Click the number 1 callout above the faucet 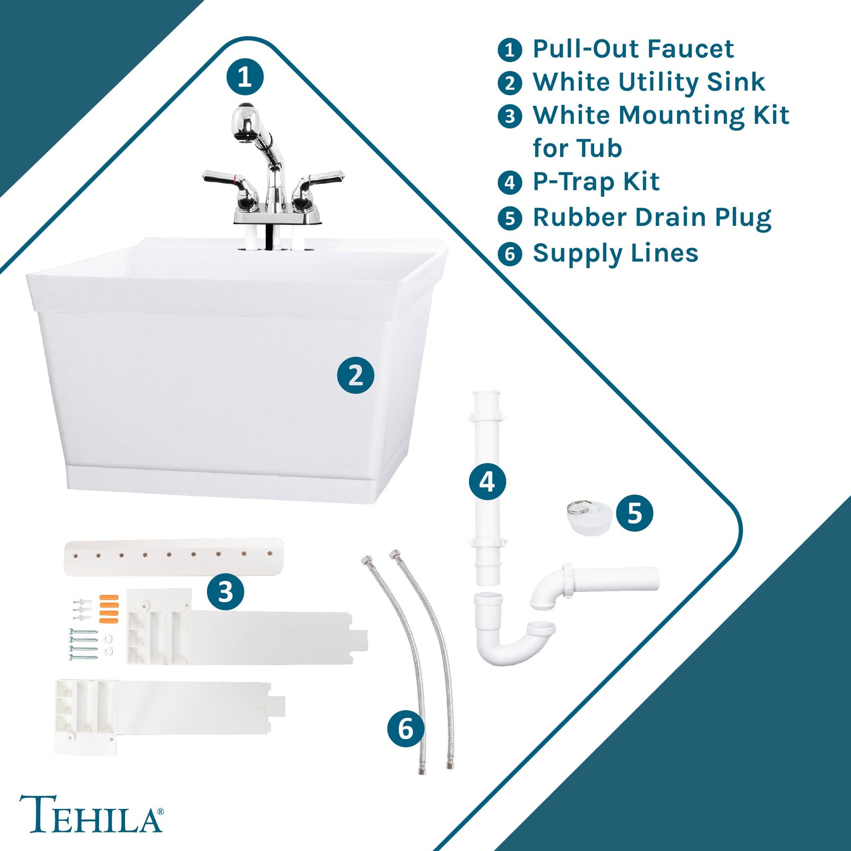coord(245,77)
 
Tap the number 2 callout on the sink coord(355,376)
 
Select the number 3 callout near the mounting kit coord(226,591)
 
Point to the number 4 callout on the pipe coord(487,482)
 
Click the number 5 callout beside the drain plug coord(635,513)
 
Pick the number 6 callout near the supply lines coord(406,728)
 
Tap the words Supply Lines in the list coord(615,253)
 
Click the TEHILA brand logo coord(91,814)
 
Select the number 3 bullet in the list coord(510,116)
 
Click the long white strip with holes coord(173,556)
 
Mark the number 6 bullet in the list coord(510,254)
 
